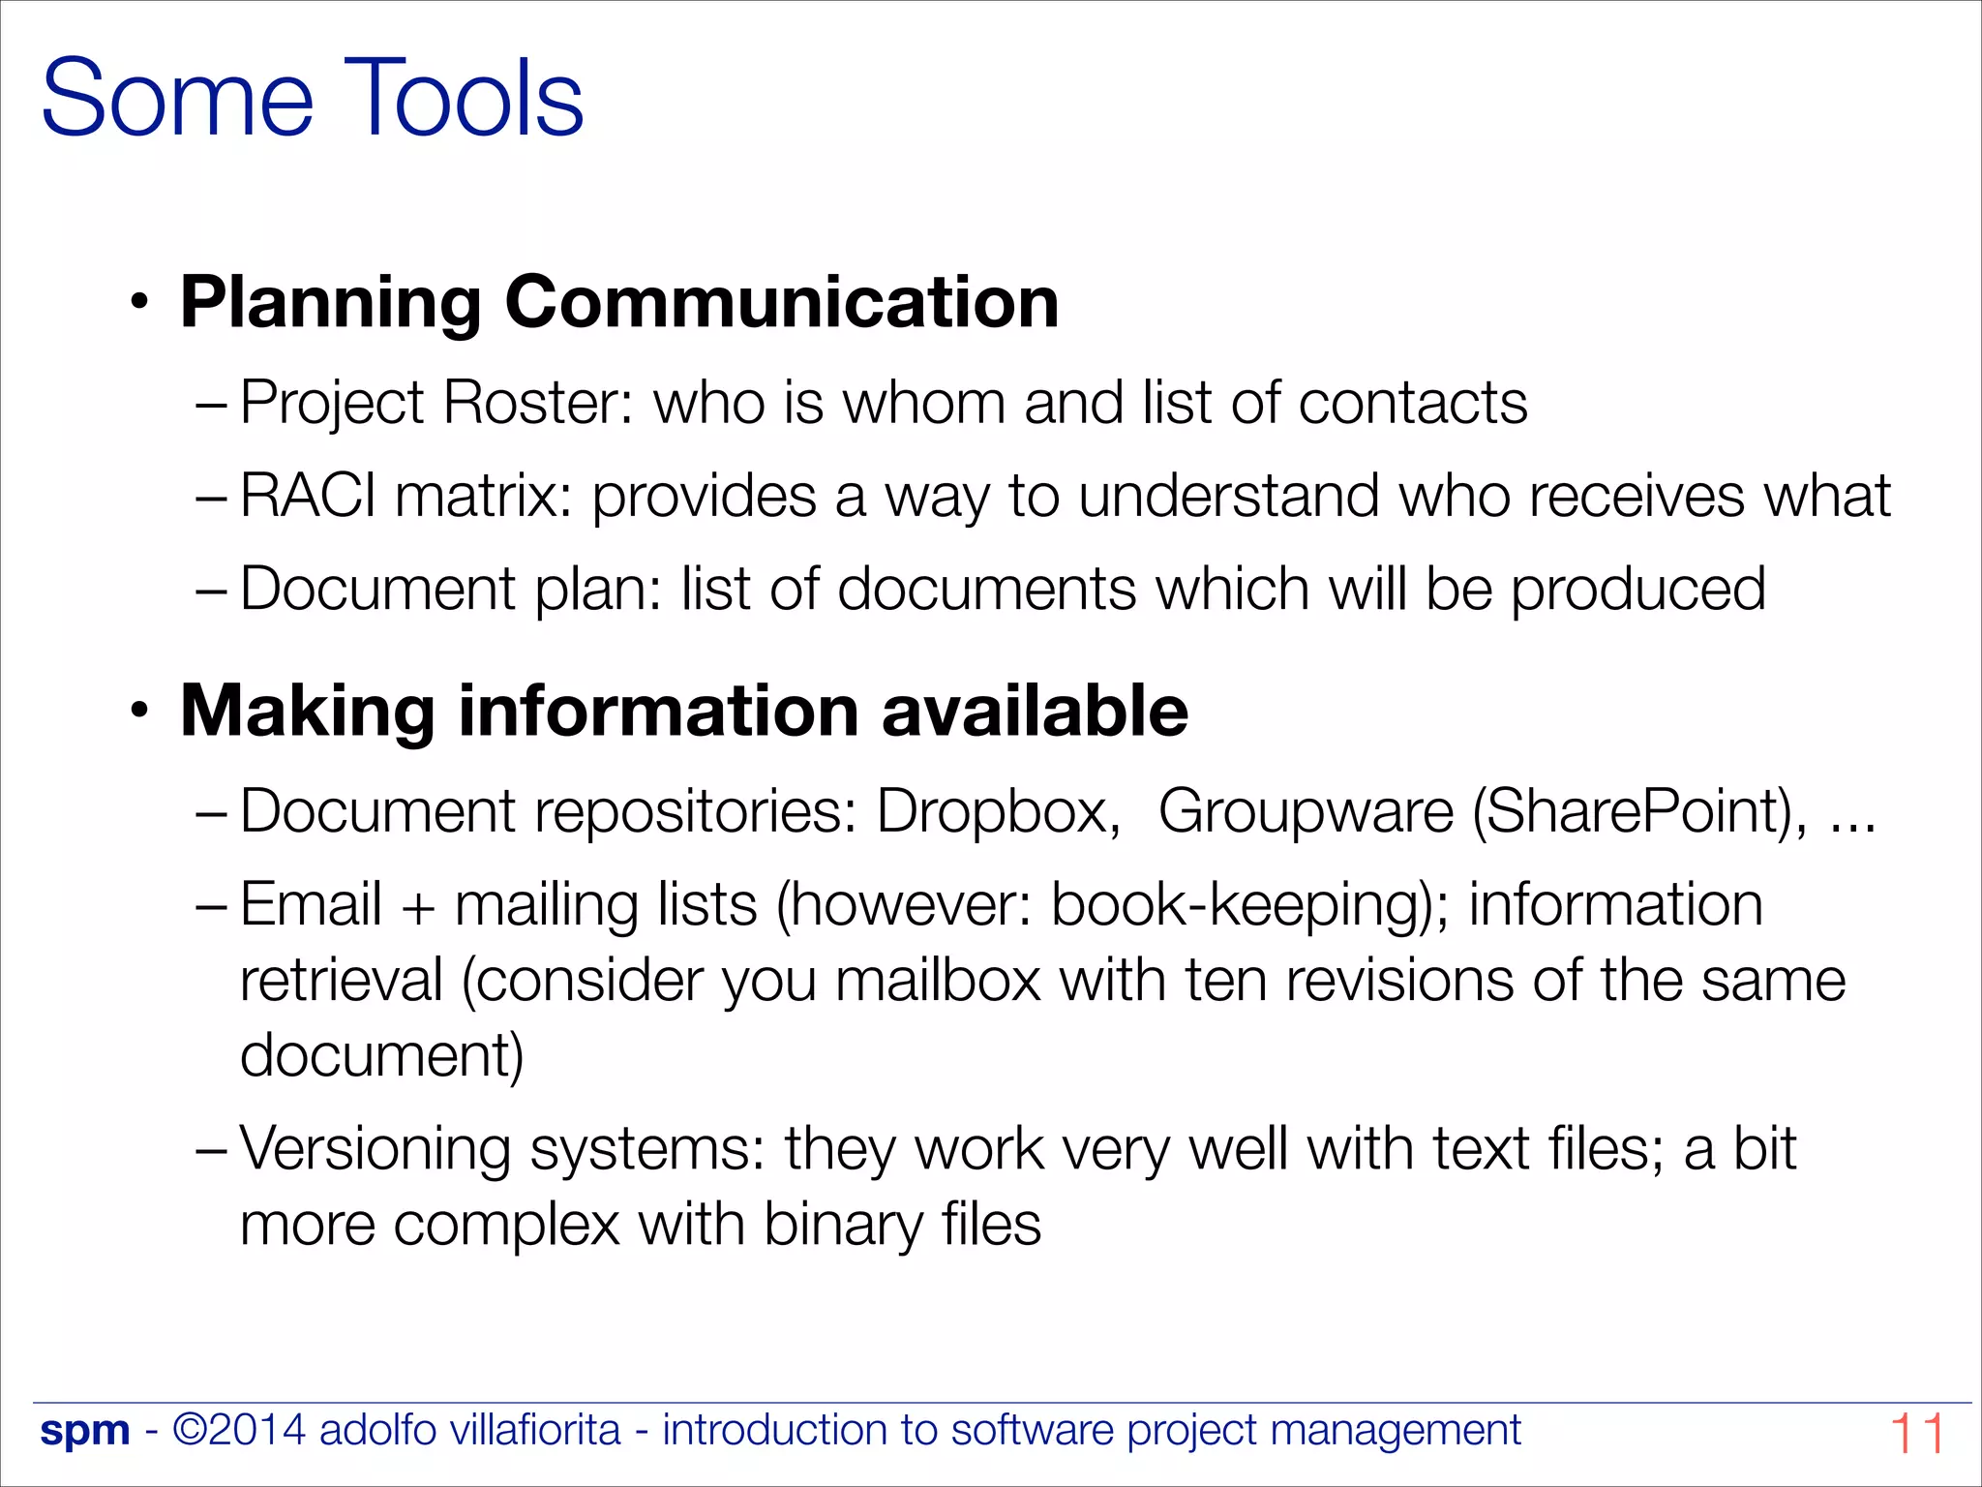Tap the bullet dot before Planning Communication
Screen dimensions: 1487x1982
[x=141, y=302]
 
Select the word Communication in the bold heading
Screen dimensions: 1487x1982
[x=781, y=302]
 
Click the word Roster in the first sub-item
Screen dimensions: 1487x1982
[x=536, y=402]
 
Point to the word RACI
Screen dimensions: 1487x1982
[x=308, y=496]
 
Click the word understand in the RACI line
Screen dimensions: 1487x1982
[x=1228, y=496]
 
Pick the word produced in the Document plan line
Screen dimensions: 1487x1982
[x=1637, y=589]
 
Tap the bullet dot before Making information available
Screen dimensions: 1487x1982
[x=141, y=712]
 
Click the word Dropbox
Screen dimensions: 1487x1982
[x=997, y=810]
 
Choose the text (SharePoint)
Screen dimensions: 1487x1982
[x=1638, y=810]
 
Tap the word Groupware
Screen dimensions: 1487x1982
[x=1306, y=810]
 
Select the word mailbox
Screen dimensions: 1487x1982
[x=938, y=980]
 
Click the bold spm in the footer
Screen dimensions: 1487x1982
[x=85, y=1431]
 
